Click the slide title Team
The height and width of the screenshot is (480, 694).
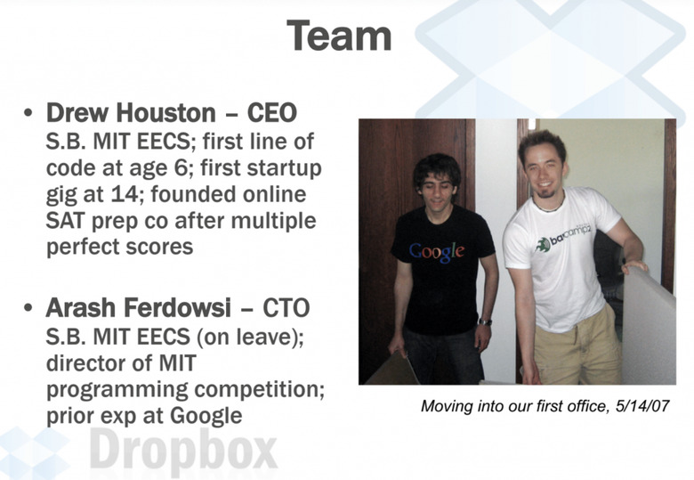[339, 36]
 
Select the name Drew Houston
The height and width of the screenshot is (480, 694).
[131, 112]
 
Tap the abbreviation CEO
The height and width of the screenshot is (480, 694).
[271, 112]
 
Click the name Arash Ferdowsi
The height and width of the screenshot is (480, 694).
[138, 307]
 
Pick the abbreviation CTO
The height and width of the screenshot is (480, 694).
[286, 307]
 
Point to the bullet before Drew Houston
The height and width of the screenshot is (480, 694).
[28, 112]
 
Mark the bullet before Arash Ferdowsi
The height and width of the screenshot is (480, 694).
[28, 307]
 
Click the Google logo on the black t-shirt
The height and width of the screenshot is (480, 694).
[437, 251]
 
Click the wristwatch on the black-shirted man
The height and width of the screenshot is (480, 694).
[485, 321]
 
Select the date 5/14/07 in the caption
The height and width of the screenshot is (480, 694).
[642, 405]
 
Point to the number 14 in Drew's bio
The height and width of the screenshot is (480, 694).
[125, 194]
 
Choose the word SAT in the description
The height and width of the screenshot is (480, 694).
[65, 221]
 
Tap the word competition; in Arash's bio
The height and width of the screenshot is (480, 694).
[260, 390]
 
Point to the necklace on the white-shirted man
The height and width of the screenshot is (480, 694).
[549, 207]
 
